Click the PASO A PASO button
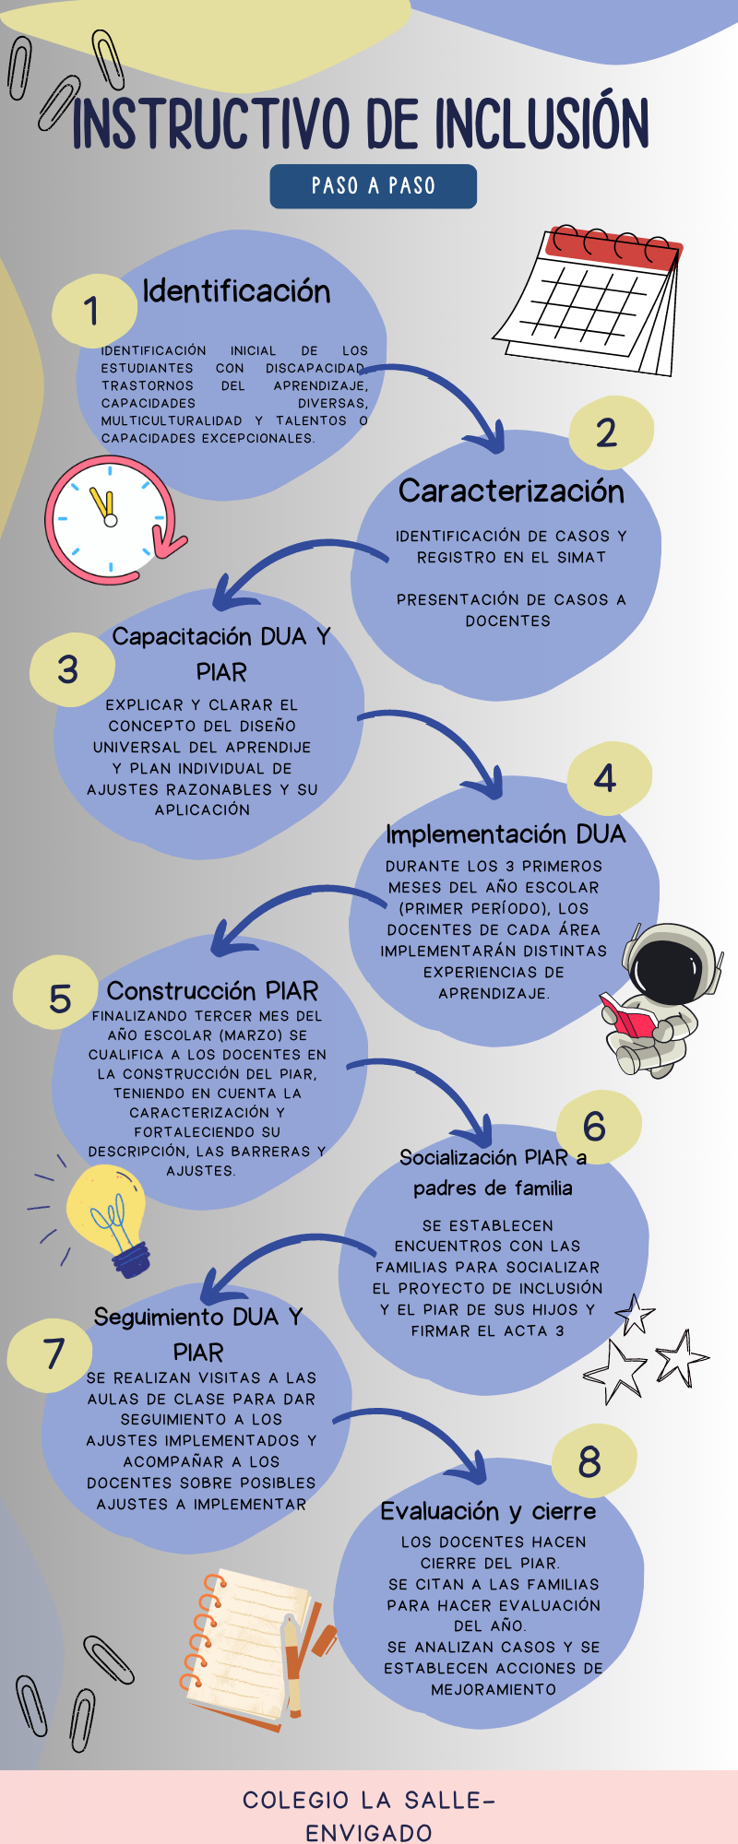coord(373,186)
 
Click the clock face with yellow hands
coord(110,519)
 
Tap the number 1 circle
coord(92,311)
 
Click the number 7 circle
coord(54,1353)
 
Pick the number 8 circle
coord(591,1461)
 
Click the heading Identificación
coord(236,291)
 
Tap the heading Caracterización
coord(511,491)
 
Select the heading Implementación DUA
coord(506,834)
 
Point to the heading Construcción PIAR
coord(212,991)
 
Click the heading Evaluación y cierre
coord(488,1511)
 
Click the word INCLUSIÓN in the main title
coord(542,124)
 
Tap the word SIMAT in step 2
coord(581,558)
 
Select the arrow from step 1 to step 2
coord(443,396)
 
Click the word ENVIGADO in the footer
coord(368,1832)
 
